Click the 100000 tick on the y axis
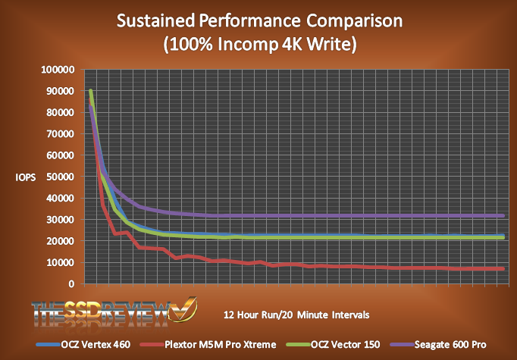[x=58, y=70]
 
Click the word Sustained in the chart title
[x=155, y=20]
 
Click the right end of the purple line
[x=504, y=216]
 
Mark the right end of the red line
[x=504, y=268]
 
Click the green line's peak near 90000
[x=91, y=92]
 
